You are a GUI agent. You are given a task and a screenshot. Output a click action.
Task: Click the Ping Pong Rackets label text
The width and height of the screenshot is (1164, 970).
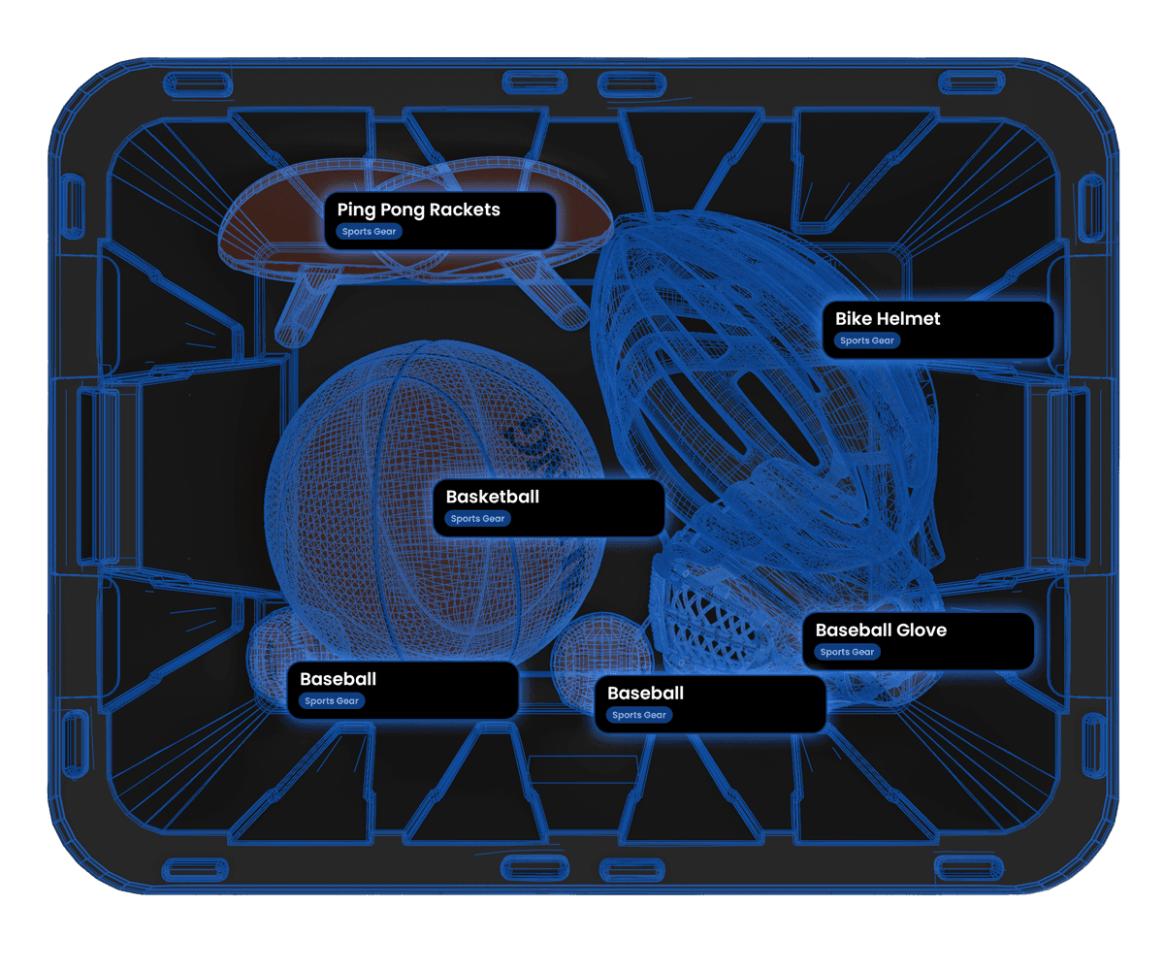(x=418, y=210)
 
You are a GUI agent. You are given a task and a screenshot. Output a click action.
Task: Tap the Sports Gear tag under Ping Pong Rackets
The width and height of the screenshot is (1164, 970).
(x=369, y=232)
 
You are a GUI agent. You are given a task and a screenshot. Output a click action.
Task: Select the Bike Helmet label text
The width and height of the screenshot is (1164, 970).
(x=888, y=318)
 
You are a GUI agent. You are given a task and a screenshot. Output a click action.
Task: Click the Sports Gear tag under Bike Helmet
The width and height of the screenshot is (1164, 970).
(x=867, y=340)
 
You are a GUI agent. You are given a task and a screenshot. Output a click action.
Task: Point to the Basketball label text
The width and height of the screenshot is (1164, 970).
(x=492, y=497)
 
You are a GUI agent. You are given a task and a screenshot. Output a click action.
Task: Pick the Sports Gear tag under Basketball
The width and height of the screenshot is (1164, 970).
(x=478, y=519)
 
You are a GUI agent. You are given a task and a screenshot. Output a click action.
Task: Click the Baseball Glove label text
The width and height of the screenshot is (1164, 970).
(x=880, y=630)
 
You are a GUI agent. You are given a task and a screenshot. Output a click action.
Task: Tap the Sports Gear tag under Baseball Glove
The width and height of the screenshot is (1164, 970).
(x=848, y=652)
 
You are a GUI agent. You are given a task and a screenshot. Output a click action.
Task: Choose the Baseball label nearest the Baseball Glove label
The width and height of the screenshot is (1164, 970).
(x=645, y=694)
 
